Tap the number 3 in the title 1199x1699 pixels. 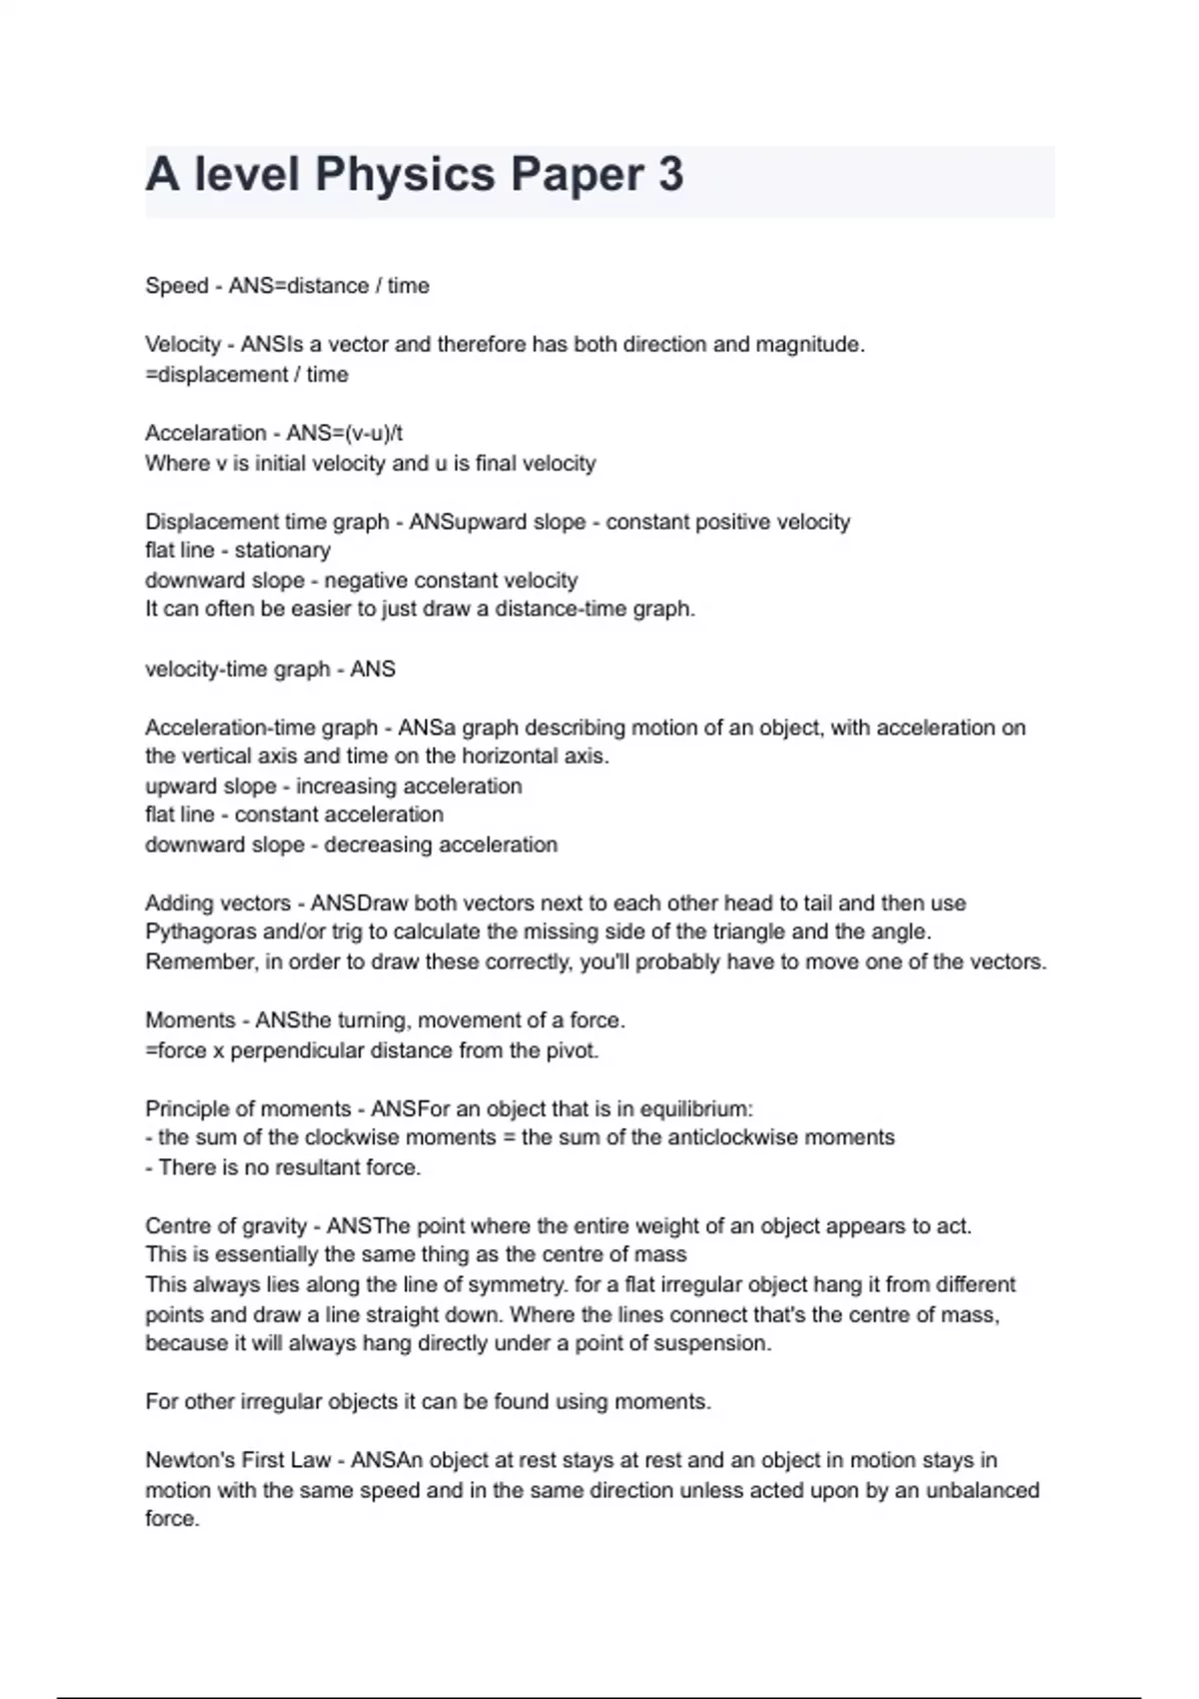pyautogui.click(x=670, y=175)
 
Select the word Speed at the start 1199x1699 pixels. pyautogui.click(x=177, y=286)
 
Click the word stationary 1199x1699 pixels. pyautogui.click(x=282, y=551)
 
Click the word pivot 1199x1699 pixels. pyautogui.click(x=571, y=1050)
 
